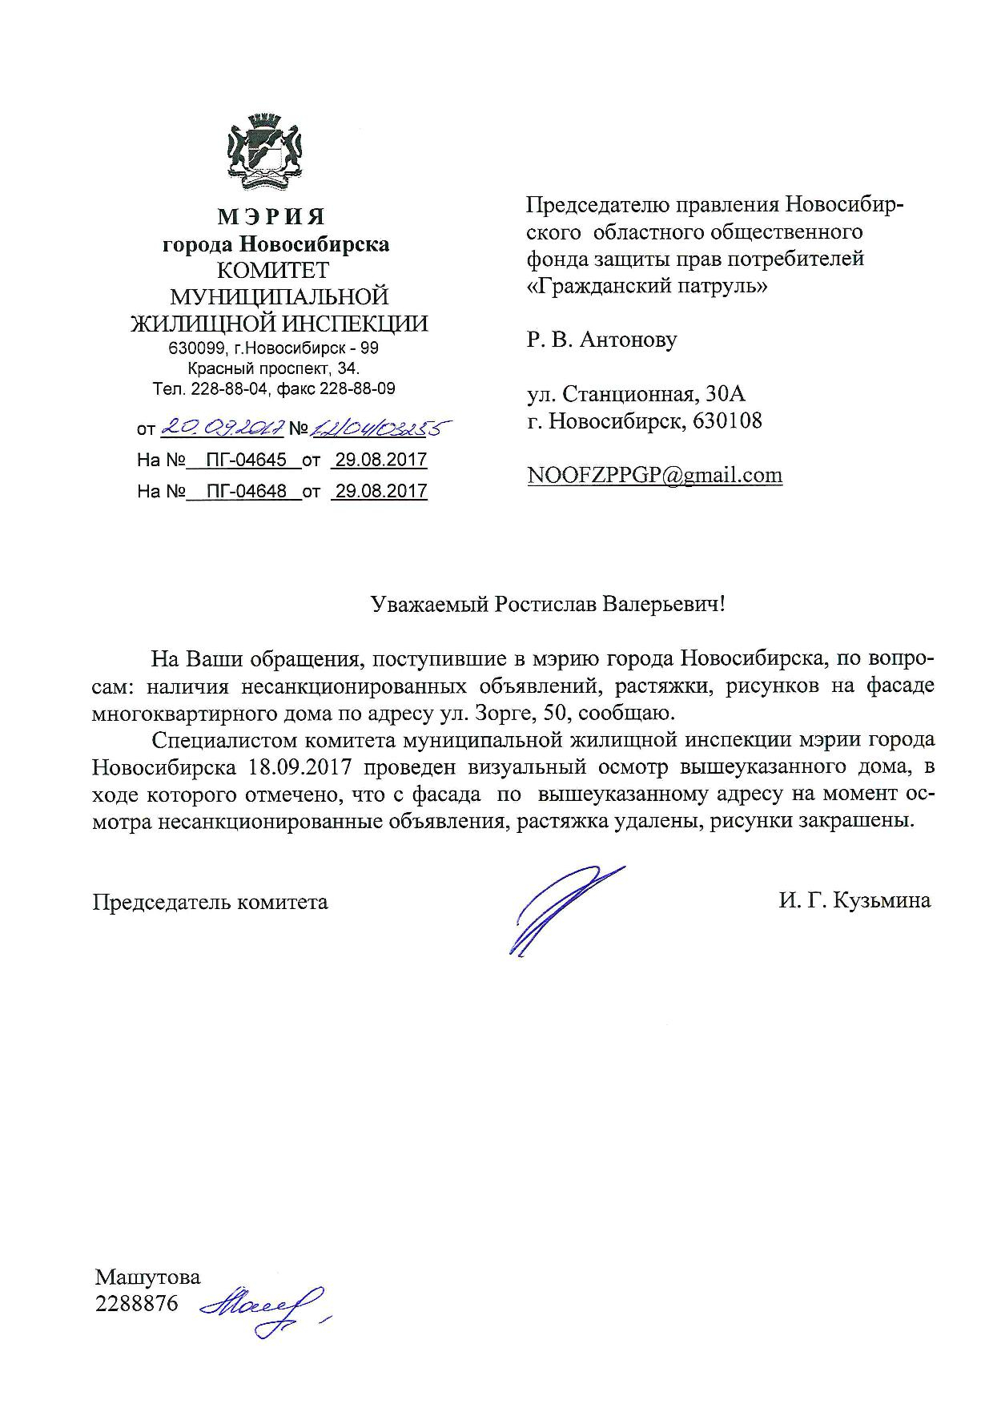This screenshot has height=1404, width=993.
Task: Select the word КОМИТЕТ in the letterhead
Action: (274, 270)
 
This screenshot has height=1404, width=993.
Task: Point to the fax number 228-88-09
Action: (357, 389)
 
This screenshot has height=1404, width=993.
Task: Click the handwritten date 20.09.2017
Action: (222, 428)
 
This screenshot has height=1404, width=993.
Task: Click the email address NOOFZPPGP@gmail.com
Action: (654, 475)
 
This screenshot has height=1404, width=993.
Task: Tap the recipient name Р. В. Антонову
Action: (601, 340)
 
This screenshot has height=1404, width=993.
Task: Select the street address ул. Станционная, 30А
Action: (636, 394)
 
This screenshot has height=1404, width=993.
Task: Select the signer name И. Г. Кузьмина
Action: (854, 901)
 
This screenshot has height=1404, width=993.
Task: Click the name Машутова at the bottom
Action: (148, 1276)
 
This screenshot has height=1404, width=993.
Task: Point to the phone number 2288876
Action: (137, 1303)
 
